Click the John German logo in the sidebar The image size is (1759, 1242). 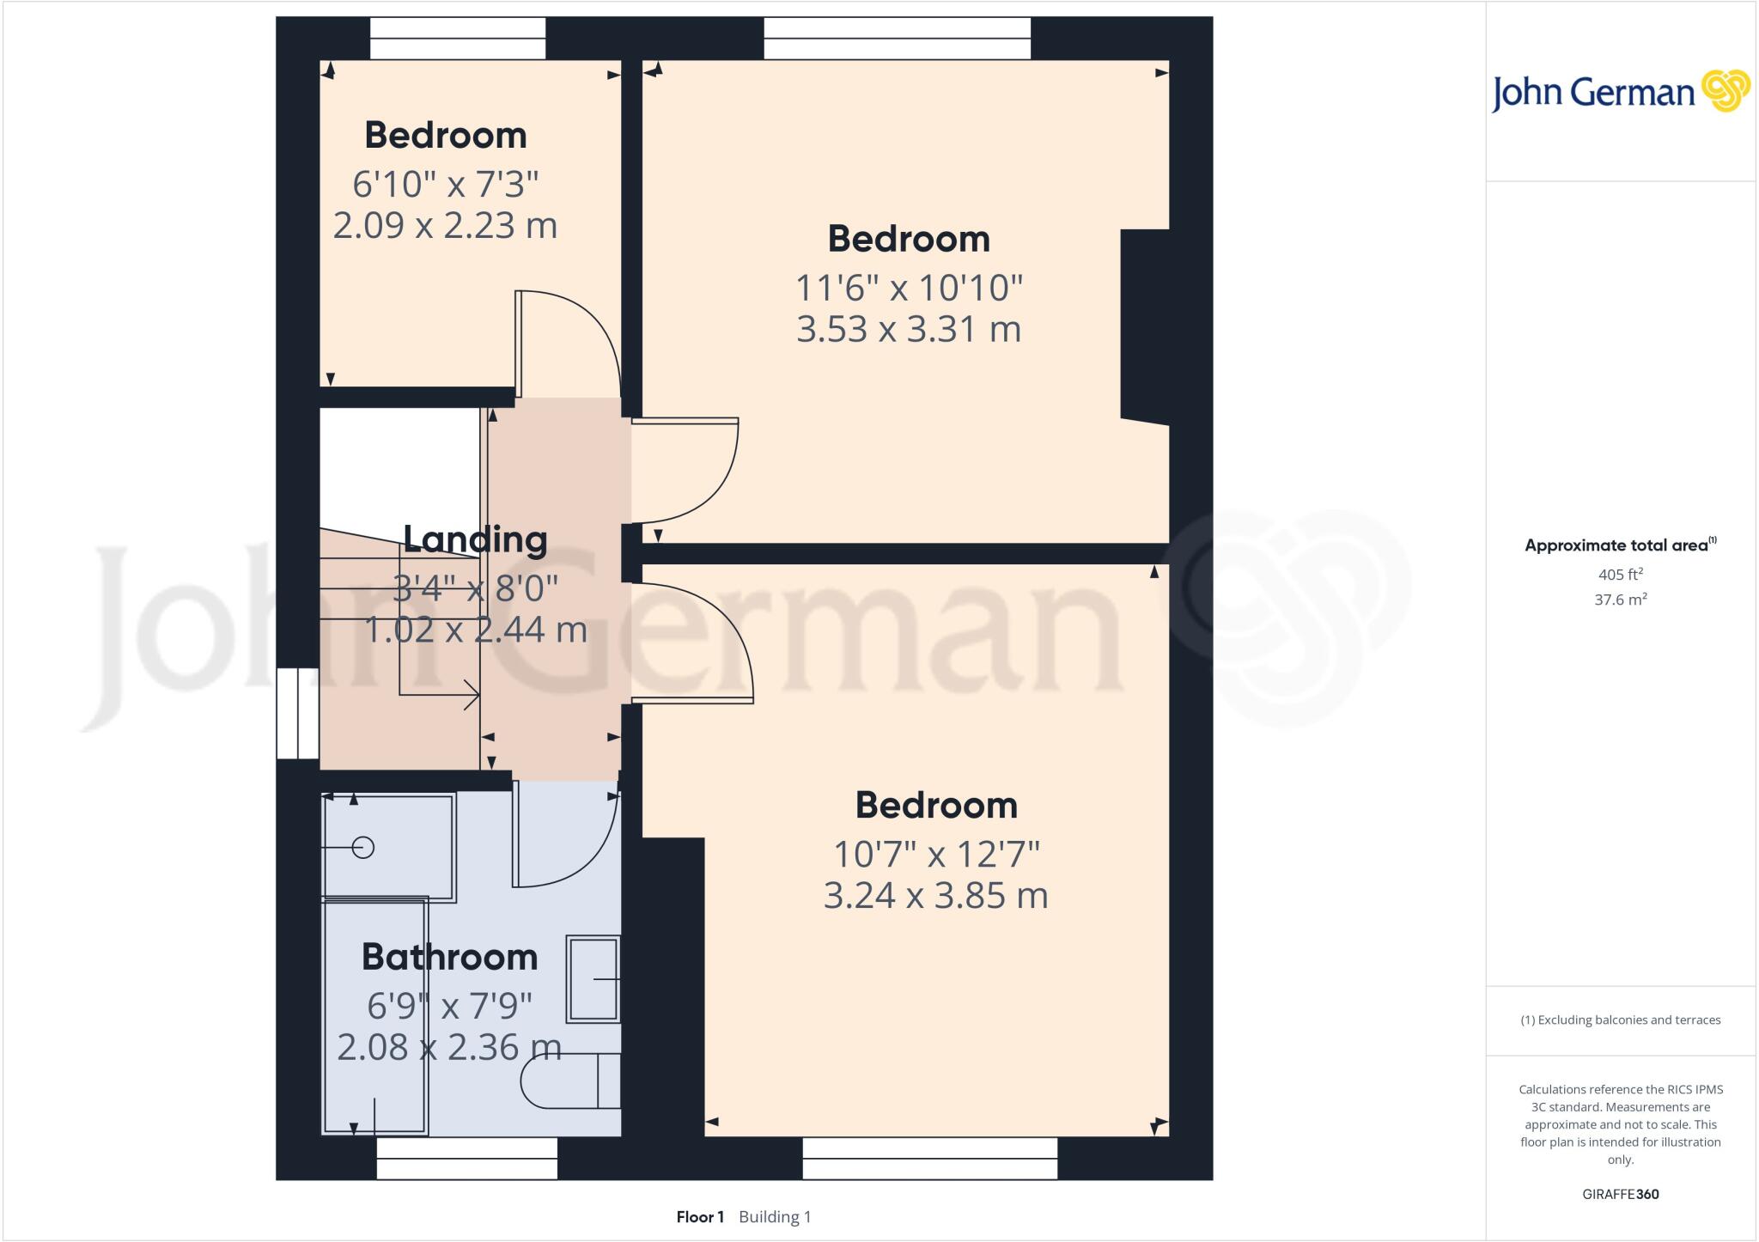1620,92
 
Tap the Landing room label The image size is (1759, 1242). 475,539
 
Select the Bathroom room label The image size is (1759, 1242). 449,957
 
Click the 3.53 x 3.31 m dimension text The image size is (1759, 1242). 909,330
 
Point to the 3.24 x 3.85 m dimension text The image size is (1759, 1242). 935,896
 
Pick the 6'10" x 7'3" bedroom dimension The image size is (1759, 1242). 445,185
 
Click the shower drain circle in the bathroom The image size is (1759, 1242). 363,848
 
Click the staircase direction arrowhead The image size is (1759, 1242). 472,694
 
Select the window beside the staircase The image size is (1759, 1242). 297,714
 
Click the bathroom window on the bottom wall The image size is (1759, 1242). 466,1158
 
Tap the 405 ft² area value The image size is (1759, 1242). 1620,575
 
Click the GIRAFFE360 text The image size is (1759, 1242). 1620,1194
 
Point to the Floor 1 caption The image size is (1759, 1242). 700,1217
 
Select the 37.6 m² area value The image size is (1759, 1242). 1620,600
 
